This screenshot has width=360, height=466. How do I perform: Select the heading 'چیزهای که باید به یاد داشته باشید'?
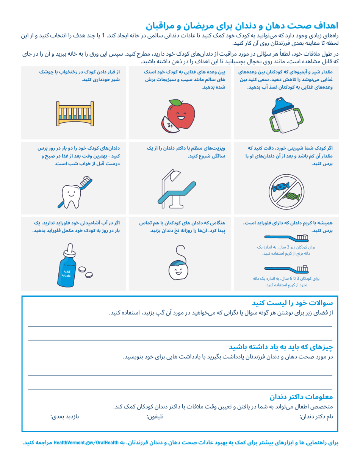280,347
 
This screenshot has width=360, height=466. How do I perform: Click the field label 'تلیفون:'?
155,417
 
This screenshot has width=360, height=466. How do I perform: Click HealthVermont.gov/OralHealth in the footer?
88,442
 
